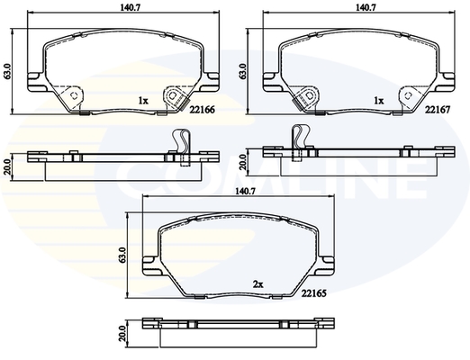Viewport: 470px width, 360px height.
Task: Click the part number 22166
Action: pyautogui.click(x=202, y=110)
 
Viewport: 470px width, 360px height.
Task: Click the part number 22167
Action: pyautogui.click(x=438, y=110)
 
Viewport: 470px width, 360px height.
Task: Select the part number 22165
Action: pyautogui.click(x=314, y=292)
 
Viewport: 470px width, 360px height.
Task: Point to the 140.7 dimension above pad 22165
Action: pyautogui.click(x=245, y=191)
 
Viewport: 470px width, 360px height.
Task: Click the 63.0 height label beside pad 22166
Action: pyautogui.click(x=7, y=71)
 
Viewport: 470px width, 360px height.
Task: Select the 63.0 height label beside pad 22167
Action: pyautogui.click(x=243, y=71)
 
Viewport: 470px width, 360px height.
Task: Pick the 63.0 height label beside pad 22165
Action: pyautogui.click(x=122, y=256)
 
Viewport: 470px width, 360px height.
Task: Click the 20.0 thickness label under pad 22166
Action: pyautogui.click(x=7, y=166)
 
